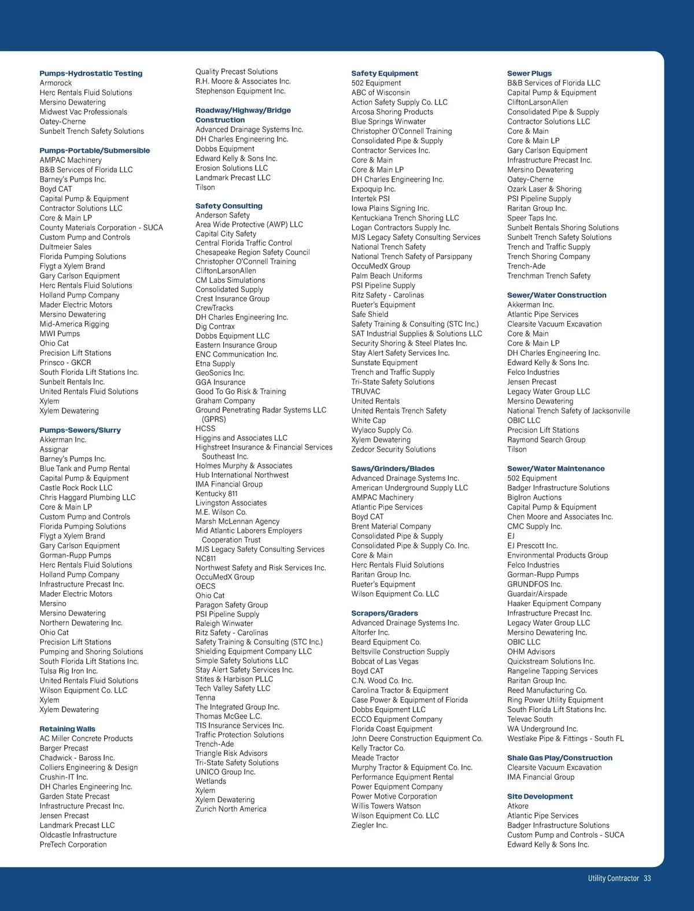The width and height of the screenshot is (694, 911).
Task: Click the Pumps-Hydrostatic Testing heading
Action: coord(91,73)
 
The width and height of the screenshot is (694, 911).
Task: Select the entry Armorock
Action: coord(56,83)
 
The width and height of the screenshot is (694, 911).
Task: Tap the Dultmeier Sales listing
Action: coord(65,247)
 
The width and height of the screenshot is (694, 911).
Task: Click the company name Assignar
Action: coord(54,449)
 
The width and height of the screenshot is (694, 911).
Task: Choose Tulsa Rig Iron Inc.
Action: coord(68,671)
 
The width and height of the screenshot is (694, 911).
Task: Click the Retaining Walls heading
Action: coord(67,729)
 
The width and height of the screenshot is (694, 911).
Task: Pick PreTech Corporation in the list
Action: coord(73,844)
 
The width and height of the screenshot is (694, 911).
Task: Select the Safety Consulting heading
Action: coord(228,206)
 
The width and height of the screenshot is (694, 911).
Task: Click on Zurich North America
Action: coord(231,809)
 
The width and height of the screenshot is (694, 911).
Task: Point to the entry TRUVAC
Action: coord(366,392)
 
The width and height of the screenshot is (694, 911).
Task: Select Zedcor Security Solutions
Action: coord(393,449)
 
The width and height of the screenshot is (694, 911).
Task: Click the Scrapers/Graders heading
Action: coord(384,613)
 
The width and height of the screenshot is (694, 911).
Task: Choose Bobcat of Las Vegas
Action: coord(385,661)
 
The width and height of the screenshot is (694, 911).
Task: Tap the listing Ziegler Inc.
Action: coord(369,825)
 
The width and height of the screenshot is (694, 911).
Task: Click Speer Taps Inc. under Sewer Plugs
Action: coord(532,218)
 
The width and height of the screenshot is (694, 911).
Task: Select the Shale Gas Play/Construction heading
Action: coord(559,758)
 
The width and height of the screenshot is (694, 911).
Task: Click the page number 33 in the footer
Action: coord(647,878)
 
